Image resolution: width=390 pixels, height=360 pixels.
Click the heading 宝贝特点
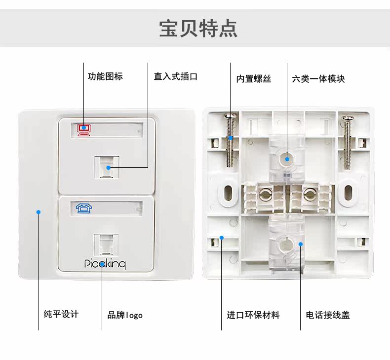(198, 28)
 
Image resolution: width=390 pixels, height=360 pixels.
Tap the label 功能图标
(105, 76)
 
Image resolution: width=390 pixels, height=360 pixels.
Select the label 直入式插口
(175, 76)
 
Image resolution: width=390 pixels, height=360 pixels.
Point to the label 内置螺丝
(254, 78)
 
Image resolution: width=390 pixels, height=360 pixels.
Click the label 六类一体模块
(318, 78)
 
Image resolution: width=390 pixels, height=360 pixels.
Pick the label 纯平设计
(61, 314)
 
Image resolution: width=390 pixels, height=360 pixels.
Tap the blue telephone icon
(84, 208)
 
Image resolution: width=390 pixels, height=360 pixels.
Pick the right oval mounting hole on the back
(348, 193)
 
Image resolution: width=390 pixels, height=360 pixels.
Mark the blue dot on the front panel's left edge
(38, 213)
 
